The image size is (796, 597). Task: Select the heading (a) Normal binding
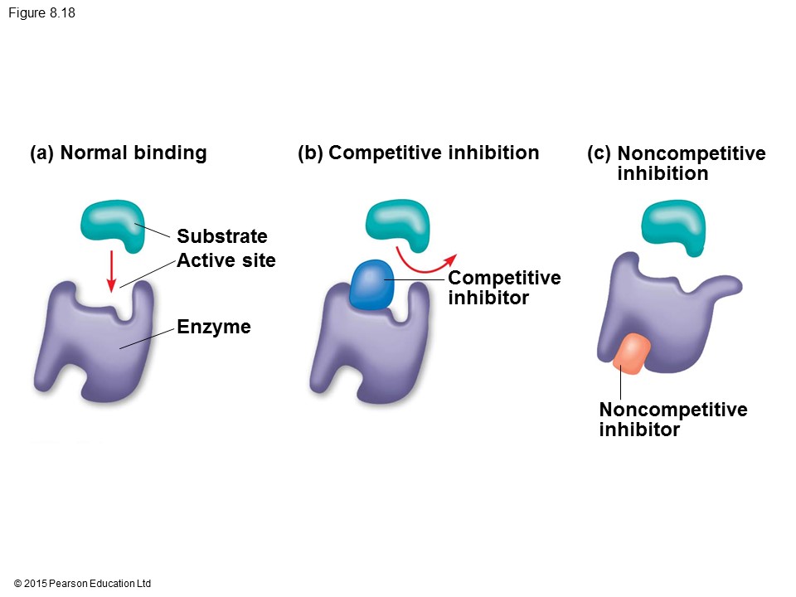(118, 153)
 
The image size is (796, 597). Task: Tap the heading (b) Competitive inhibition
(418, 153)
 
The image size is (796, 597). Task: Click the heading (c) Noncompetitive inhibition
(677, 163)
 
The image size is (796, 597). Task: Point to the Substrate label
(221, 236)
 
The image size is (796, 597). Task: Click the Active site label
(226, 260)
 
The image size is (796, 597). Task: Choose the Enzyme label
(213, 327)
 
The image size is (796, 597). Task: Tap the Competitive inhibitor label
(504, 287)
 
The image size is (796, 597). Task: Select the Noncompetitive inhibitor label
(672, 420)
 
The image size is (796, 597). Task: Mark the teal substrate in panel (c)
(673, 226)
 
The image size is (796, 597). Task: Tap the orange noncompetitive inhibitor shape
(631, 353)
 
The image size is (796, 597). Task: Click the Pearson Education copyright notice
(83, 584)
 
